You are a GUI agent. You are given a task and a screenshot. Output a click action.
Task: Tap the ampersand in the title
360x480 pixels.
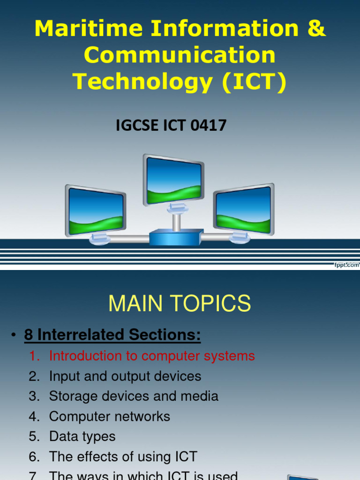point(316,29)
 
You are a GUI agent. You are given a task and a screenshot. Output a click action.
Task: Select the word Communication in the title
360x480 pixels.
point(180,55)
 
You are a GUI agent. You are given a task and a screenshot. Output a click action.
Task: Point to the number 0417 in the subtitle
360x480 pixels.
point(209,125)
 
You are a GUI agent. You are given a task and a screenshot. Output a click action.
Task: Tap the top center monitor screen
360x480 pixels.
point(173,181)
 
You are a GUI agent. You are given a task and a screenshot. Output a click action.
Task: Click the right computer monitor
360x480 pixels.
point(244,210)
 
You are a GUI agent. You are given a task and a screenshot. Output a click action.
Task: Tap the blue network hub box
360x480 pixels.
point(176,238)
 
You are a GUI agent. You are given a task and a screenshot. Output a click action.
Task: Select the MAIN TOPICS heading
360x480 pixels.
point(180,304)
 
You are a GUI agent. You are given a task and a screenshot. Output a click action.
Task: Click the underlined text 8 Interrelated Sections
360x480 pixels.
point(119,335)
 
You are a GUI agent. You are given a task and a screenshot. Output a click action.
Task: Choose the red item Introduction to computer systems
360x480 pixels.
point(152,356)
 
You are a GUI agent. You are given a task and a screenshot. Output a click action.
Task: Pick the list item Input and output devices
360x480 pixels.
point(125,376)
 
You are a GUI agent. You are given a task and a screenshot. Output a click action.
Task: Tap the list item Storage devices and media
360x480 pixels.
point(134,396)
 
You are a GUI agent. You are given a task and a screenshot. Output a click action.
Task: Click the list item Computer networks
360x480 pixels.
point(110,416)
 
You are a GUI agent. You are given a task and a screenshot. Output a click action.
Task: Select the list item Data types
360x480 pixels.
point(82,436)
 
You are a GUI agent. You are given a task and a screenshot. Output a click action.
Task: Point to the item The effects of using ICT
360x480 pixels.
point(123,457)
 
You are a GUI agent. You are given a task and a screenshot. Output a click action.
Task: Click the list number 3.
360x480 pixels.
point(34,396)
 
